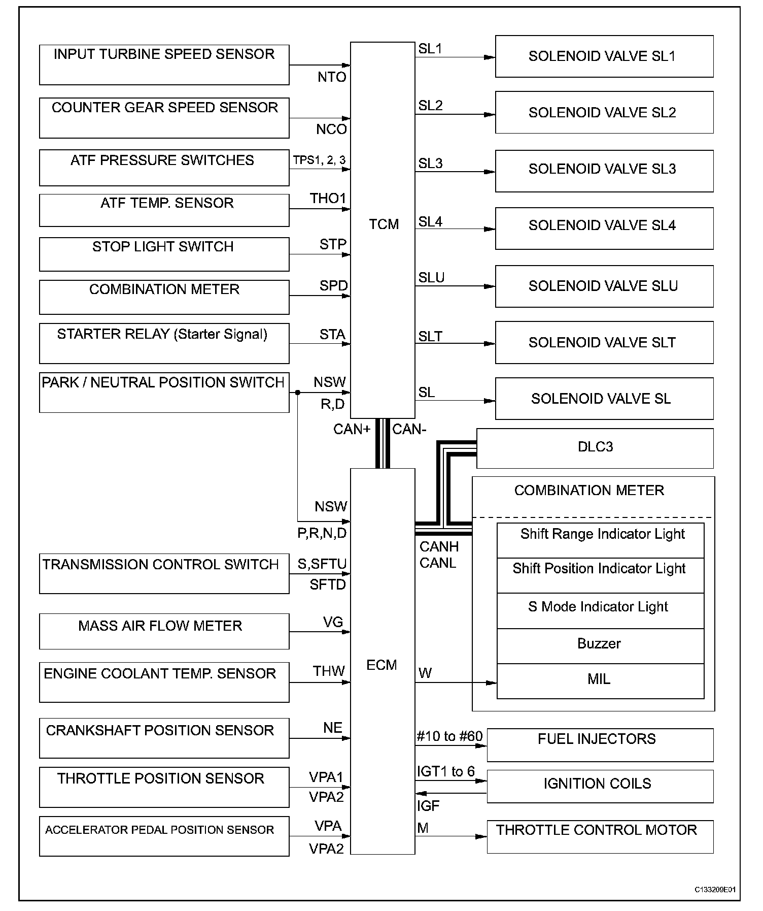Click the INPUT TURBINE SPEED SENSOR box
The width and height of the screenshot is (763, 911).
pyautogui.click(x=164, y=64)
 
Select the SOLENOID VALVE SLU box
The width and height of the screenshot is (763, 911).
pyautogui.click(x=604, y=286)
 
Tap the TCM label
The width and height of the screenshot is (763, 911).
pyautogui.click(x=384, y=224)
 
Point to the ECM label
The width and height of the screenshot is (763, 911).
pyautogui.click(x=381, y=665)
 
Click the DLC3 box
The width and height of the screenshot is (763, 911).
pyautogui.click(x=595, y=448)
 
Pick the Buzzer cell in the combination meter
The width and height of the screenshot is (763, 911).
pyautogui.click(x=600, y=645)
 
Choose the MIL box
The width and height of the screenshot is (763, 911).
pyautogui.click(x=600, y=680)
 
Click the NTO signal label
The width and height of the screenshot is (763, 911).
pyautogui.click(x=332, y=77)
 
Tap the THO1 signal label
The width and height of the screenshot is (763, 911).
pyautogui.click(x=328, y=199)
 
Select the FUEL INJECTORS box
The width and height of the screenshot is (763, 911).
pyautogui.click(x=600, y=744)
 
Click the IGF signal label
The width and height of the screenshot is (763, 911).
pyautogui.click(x=428, y=806)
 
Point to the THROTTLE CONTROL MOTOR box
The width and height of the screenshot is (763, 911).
pyautogui.click(x=600, y=836)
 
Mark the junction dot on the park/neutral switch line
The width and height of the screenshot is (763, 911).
pyautogui.click(x=297, y=393)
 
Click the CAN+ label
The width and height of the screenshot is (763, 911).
pyautogui.click(x=352, y=430)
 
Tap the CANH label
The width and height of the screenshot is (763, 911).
pyautogui.click(x=439, y=547)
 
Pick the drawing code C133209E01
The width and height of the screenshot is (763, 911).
pyautogui.click(x=715, y=889)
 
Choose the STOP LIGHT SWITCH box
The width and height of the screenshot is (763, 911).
pyautogui.click(x=164, y=254)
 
